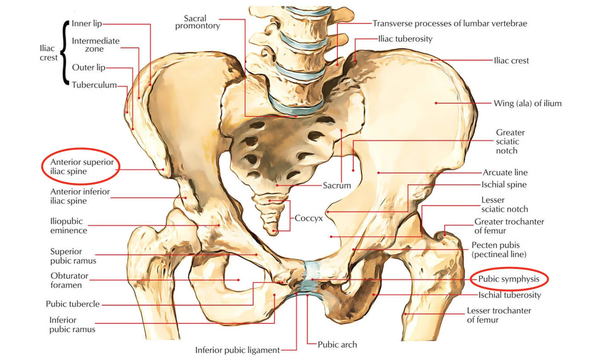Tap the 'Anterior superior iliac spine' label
click(x=81, y=166)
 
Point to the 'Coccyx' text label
click(x=308, y=218)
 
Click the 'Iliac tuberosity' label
click(x=405, y=39)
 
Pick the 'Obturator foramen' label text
click(x=69, y=280)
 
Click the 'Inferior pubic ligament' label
click(x=237, y=350)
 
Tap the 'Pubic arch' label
click(x=337, y=344)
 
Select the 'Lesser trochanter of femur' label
click(x=499, y=315)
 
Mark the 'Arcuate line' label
click(x=505, y=172)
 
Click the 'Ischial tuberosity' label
click(x=509, y=295)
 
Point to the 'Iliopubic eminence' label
click(x=69, y=226)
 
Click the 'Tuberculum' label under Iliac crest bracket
click(x=94, y=85)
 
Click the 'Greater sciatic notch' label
click(x=510, y=142)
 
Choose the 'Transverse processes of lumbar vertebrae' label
click(x=450, y=23)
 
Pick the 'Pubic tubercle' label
click(x=73, y=304)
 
